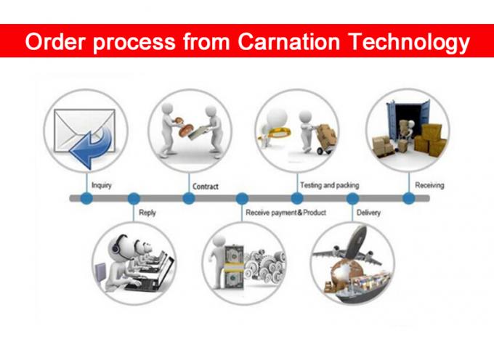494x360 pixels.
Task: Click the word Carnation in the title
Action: coord(289,41)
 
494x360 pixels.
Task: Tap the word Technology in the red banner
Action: coord(410,43)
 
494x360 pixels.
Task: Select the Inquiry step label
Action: coord(102,185)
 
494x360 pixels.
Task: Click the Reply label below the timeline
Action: coord(147,213)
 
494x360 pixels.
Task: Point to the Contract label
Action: coord(206,187)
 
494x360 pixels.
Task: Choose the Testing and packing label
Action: coord(330,185)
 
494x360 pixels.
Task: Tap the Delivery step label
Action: coord(368,213)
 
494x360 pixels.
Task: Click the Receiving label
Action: coord(429,185)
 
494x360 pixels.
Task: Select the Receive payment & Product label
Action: coord(286,213)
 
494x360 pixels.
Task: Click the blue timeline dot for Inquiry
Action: coord(86,198)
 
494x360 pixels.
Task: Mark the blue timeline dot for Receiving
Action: coord(408,198)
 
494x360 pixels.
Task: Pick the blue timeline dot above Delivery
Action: coord(352,198)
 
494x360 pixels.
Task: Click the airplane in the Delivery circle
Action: coord(349,249)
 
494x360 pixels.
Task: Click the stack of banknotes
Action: coord(234,267)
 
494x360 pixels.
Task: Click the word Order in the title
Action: coord(56,42)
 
